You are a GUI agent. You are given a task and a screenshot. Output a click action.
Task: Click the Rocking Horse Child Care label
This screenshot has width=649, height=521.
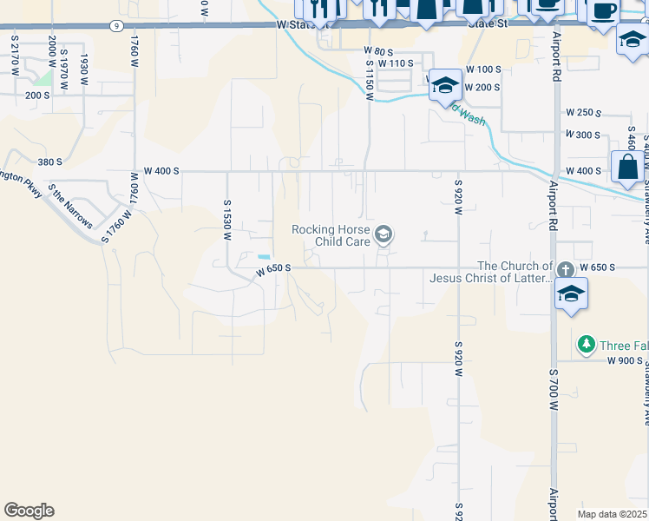[x=330, y=235]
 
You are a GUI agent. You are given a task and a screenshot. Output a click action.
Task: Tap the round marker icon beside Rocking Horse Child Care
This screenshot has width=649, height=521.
[x=383, y=234]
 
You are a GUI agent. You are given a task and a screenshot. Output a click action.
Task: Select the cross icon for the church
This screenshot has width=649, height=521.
[x=566, y=270]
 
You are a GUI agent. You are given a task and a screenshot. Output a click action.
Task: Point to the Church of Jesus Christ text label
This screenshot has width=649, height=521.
[x=491, y=272]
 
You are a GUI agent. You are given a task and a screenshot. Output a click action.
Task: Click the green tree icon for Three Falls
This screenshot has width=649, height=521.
[x=587, y=345]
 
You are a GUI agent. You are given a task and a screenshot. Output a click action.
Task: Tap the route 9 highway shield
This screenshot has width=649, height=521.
[x=116, y=27]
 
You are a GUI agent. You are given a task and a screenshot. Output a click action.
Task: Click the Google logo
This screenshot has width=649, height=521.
[x=29, y=511]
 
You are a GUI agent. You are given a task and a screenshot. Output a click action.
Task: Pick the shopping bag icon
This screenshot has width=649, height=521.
[x=626, y=167]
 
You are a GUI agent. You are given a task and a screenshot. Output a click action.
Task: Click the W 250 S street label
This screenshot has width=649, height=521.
[x=583, y=113]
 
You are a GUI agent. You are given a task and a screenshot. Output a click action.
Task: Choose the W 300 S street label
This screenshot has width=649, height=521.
[x=583, y=135]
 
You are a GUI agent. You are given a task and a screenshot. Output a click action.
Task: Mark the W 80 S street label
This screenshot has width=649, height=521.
[x=378, y=52]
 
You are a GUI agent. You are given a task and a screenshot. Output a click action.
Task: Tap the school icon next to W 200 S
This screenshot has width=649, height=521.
[x=445, y=84]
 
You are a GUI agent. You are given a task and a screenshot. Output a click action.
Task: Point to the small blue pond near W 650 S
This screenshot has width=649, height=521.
[x=264, y=256]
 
